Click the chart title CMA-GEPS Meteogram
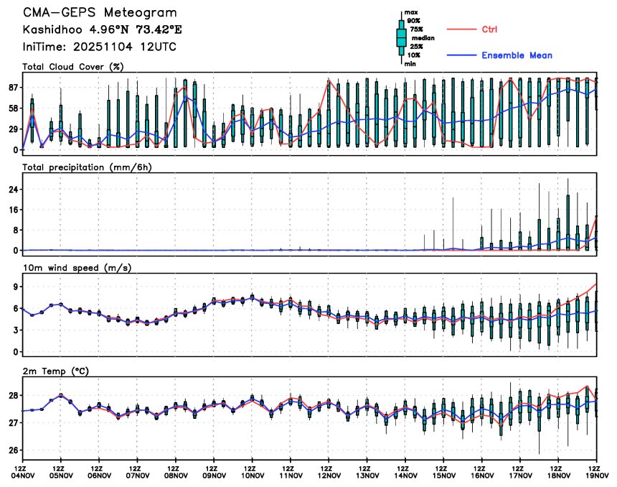(x=99, y=13)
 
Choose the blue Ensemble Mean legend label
(x=517, y=55)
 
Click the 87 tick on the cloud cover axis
(x=12, y=88)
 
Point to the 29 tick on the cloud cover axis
(x=12, y=129)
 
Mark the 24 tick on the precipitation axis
(x=12, y=190)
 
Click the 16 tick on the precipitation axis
(x=12, y=210)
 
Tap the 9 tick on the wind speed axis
(x=15, y=285)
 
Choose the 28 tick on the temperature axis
(x=12, y=396)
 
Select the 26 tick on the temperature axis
(x=12, y=450)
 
